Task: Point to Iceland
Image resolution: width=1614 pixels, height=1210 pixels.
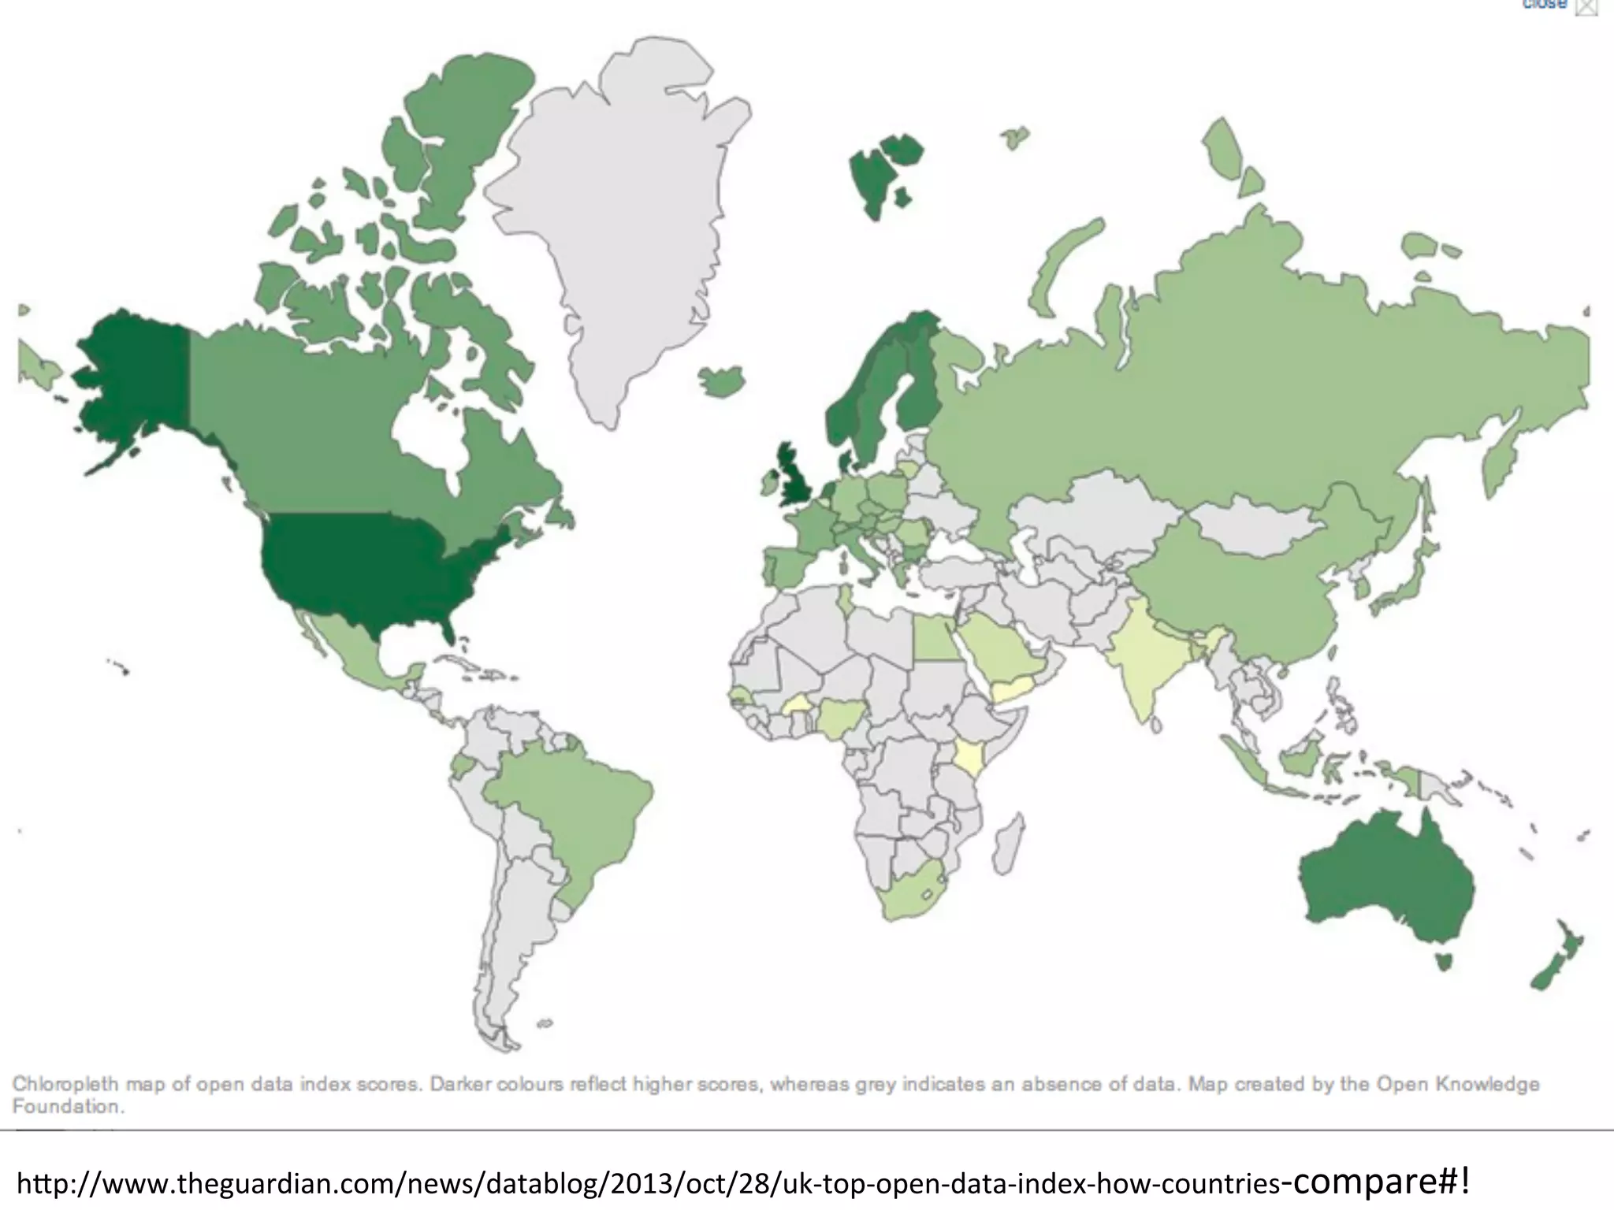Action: tap(722, 380)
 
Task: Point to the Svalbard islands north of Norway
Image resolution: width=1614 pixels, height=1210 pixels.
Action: tap(875, 173)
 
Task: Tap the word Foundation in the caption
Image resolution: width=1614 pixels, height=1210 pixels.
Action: tap(68, 1107)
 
